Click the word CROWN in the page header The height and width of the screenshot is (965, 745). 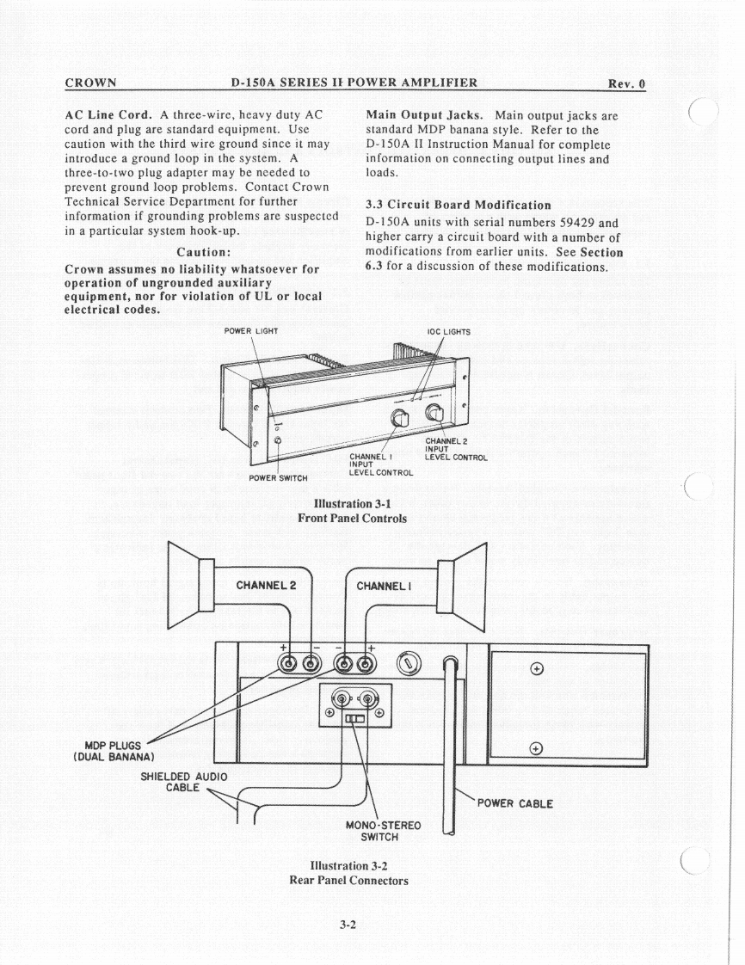[90, 83]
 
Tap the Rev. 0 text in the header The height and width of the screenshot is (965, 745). [626, 83]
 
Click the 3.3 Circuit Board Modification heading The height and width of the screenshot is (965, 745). [458, 205]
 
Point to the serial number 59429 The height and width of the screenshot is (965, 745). [571, 222]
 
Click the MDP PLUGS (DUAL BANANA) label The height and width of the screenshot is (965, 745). [114, 751]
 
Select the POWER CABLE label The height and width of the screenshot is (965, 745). [514, 804]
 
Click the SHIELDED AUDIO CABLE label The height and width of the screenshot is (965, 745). [183, 782]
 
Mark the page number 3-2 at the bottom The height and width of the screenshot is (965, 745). [348, 925]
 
